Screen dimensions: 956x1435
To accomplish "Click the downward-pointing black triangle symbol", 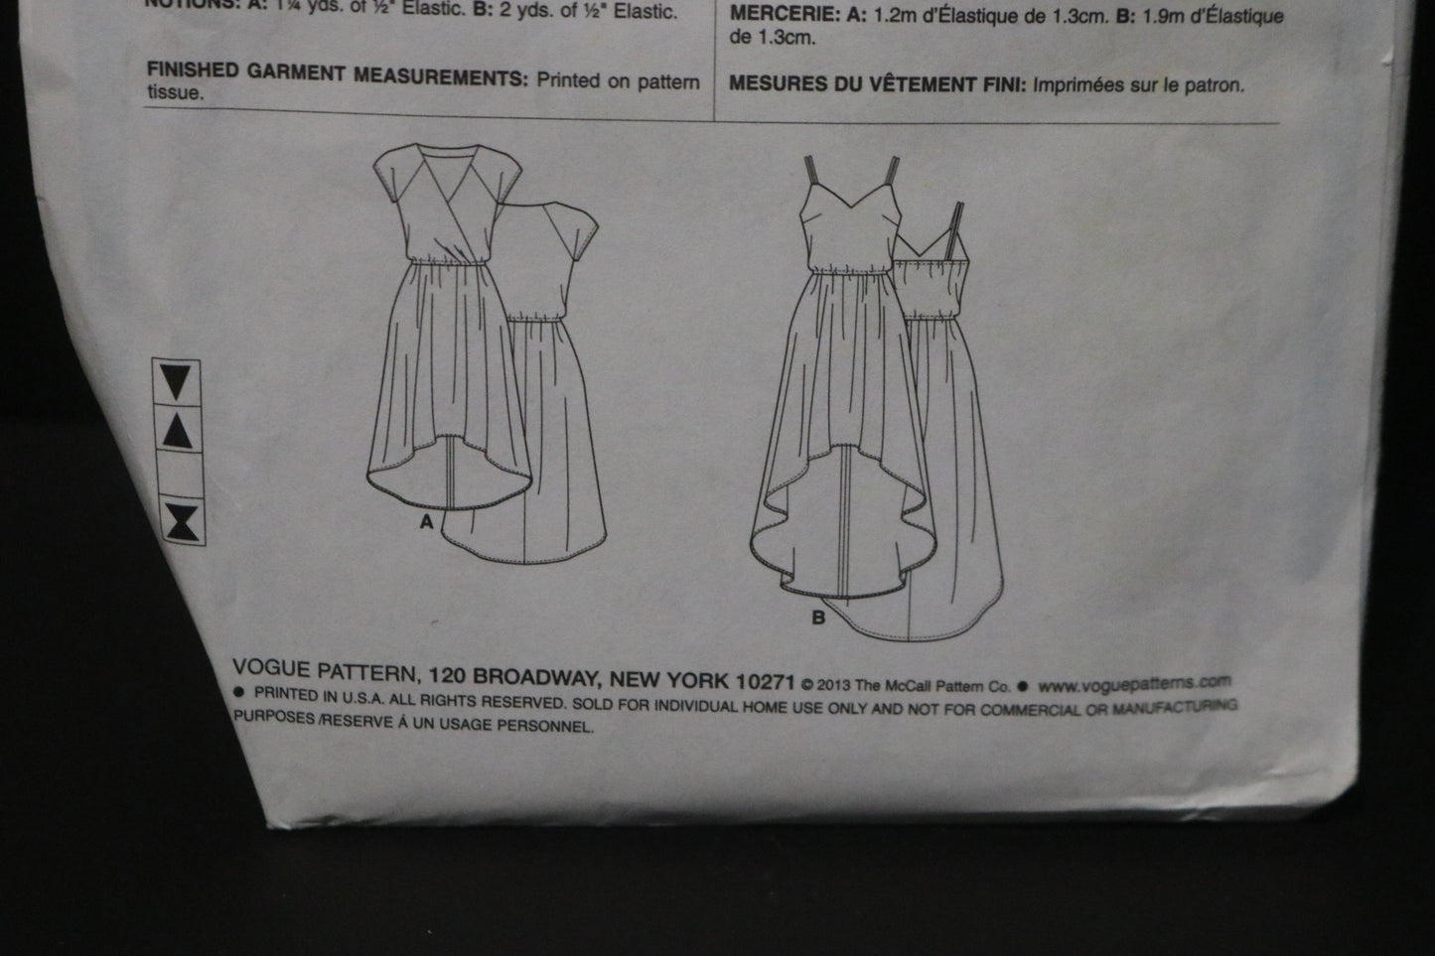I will [180, 381].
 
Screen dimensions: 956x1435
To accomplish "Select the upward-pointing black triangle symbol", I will [180, 430].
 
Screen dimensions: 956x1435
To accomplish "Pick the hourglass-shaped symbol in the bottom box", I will [182, 521].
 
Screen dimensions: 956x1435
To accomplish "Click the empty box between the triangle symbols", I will [181, 476].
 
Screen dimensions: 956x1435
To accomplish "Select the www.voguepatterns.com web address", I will [1135, 684].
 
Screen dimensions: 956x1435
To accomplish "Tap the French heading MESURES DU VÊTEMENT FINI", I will [877, 84].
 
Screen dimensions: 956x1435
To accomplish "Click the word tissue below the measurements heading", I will [175, 94].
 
